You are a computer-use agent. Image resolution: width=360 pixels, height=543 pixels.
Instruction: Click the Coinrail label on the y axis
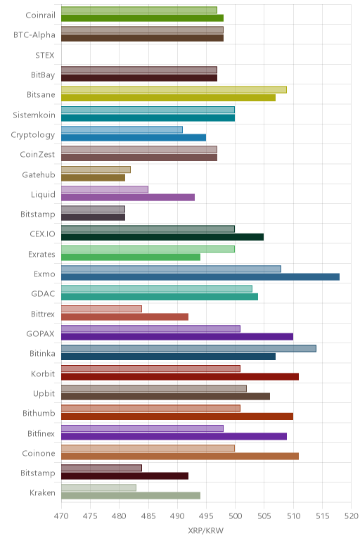pyautogui.click(x=40, y=15)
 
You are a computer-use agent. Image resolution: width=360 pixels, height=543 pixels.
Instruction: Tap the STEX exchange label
pyautogui.click(x=45, y=55)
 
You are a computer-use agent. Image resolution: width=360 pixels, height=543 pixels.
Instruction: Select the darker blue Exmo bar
pyautogui.click(x=200, y=276)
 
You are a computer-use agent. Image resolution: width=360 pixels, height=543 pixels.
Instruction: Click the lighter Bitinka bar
pyautogui.click(x=188, y=348)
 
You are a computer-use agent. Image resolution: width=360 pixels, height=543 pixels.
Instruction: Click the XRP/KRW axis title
pyautogui.click(x=205, y=530)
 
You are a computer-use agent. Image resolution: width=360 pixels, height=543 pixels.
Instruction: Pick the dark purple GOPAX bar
pyautogui.click(x=177, y=337)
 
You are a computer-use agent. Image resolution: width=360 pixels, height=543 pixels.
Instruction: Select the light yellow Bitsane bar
pyautogui.click(x=174, y=90)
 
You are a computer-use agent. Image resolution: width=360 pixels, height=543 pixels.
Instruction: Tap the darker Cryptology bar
pyautogui.click(x=134, y=137)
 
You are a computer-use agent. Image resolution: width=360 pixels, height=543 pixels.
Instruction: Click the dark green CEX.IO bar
pyautogui.click(x=162, y=237)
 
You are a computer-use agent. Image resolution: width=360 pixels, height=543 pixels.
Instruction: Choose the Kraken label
pyautogui.click(x=42, y=493)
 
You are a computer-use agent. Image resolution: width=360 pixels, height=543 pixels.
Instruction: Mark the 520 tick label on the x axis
pyautogui.click(x=351, y=516)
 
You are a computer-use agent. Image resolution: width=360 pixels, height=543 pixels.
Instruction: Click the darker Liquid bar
pyautogui.click(x=128, y=198)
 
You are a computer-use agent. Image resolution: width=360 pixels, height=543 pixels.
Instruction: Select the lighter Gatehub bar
pyautogui.click(x=96, y=170)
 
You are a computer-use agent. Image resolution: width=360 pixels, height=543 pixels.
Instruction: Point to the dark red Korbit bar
pyautogui.click(x=180, y=376)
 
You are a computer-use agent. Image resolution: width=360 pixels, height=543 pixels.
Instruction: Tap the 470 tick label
pyautogui.click(x=61, y=516)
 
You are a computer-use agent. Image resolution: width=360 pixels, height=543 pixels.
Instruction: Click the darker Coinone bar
pyautogui.click(x=180, y=456)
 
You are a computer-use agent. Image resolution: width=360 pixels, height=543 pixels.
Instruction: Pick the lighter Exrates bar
pyautogui.click(x=148, y=249)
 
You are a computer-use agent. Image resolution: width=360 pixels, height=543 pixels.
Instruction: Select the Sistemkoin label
pyautogui.click(x=34, y=115)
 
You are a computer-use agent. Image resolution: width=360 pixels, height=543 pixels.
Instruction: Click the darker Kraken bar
pyautogui.click(x=131, y=496)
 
